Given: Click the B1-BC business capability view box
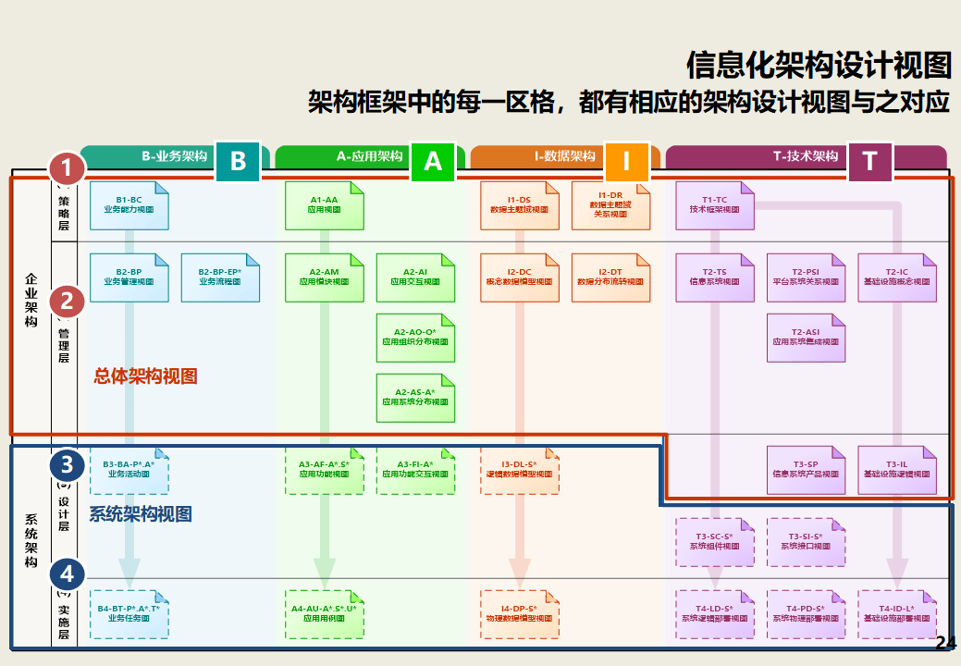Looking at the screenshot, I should tap(129, 205).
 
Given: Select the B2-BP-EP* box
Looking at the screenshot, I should tap(220, 277).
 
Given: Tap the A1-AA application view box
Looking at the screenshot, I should tap(324, 205).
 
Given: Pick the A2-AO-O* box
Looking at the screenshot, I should tap(415, 338).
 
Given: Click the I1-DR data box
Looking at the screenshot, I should tap(610, 205).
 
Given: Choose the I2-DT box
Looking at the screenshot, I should tap(610, 277).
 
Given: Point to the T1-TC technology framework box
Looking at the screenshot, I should tap(714, 205).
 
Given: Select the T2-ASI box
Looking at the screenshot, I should tap(806, 338).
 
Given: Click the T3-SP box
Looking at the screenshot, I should tap(806, 470).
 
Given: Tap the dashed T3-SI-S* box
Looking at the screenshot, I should tap(806, 542).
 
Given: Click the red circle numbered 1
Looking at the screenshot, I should tap(67, 168).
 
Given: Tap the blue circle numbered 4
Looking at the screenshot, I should tap(67, 573).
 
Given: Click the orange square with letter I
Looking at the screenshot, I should tap(626, 162).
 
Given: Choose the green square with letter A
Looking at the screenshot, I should tap(433, 162).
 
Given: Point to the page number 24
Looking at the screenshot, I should tap(945, 644).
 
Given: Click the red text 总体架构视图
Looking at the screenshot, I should tap(146, 376).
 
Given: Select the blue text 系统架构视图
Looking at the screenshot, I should tap(141, 514).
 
